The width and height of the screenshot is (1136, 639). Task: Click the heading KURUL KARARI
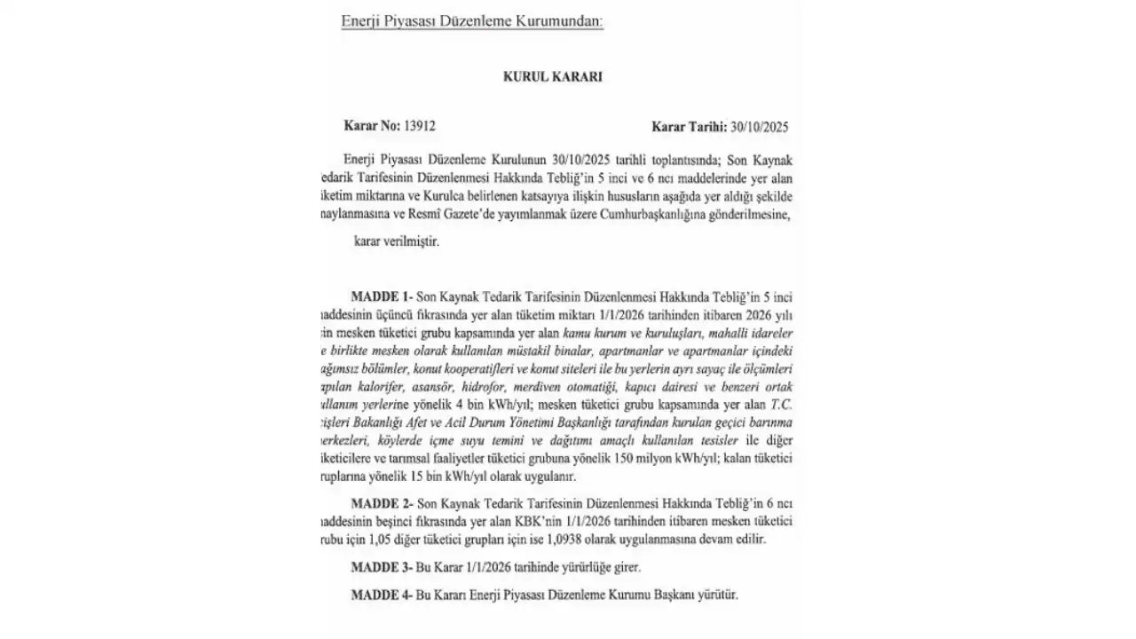[552, 77]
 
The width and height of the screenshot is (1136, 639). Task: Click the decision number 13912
[419, 127]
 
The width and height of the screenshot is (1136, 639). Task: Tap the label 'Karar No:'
[371, 127]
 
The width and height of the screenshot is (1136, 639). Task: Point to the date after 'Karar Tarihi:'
[759, 127]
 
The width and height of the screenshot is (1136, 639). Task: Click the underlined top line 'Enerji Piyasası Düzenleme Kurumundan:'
[472, 20]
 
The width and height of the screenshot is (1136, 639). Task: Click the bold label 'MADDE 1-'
[381, 295]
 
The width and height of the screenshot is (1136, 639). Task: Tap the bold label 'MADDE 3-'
[381, 566]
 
